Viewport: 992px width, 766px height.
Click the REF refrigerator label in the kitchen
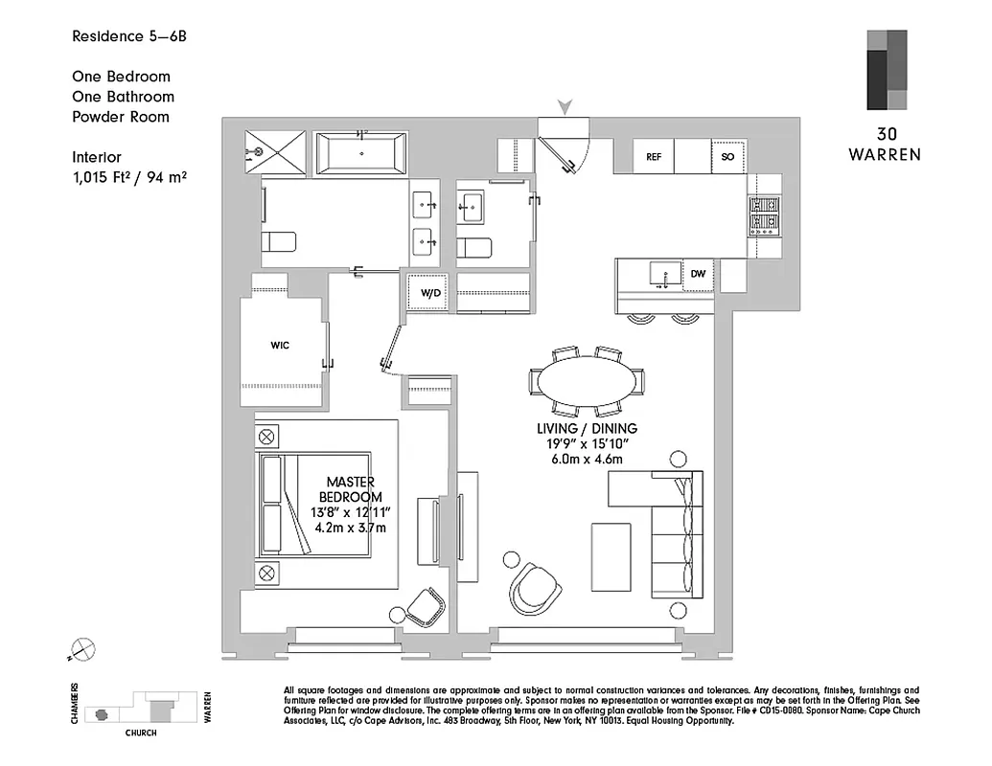(655, 156)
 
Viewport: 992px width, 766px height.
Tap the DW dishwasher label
(698, 275)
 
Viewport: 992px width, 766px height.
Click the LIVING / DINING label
(588, 429)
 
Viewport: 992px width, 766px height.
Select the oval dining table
(586, 380)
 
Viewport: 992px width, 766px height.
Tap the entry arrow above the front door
(565, 107)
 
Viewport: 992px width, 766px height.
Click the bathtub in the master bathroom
(361, 153)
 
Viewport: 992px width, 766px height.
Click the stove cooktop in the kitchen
(765, 216)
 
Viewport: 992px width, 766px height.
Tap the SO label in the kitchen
(727, 156)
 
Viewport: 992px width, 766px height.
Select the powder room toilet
(474, 248)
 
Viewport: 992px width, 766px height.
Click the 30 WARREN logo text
(884, 144)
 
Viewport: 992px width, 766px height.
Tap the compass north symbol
(83, 650)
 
